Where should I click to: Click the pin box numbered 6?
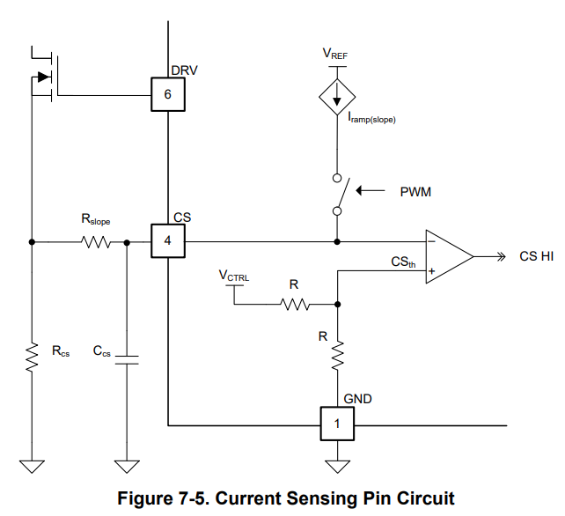click(168, 94)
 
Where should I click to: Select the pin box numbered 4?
click(168, 241)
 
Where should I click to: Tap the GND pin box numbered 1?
click(337, 424)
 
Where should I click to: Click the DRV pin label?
click(184, 70)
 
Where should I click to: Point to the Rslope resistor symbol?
click(96, 242)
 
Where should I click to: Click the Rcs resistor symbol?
click(32, 357)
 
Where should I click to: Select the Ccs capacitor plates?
click(127, 360)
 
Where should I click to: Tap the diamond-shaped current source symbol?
click(337, 97)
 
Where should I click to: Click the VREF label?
click(334, 54)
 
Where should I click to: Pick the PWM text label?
click(415, 192)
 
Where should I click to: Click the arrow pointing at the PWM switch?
click(371, 190)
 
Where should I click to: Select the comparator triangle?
click(450, 256)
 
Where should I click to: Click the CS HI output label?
click(536, 256)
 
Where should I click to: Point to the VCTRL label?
click(234, 276)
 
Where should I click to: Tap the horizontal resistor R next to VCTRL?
click(295, 305)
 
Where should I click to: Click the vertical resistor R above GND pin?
click(338, 356)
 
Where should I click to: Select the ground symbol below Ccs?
click(127, 467)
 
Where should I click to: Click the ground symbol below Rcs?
click(32, 467)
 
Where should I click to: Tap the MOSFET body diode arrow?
click(44, 77)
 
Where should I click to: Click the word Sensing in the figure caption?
click(322, 498)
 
